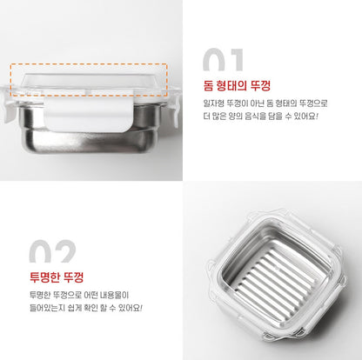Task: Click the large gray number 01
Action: pyautogui.click(x=223, y=60)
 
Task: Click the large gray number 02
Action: pyautogui.click(x=52, y=251)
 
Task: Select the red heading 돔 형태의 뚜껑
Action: pyautogui.click(x=237, y=85)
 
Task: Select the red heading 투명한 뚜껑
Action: pyautogui.click(x=57, y=277)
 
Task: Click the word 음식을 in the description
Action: pyautogui.click(x=255, y=117)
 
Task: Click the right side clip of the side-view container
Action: pyautogui.click(x=175, y=105)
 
